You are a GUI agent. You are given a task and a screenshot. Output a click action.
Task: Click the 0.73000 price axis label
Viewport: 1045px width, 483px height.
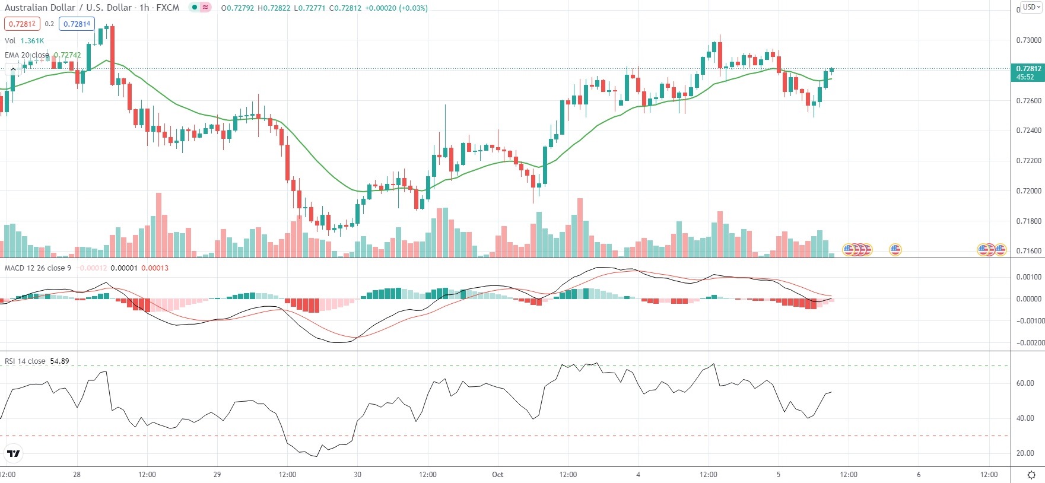pyautogui.click(x=1029, y=40)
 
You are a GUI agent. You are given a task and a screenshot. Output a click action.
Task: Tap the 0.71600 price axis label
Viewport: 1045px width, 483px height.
pyautogui.click(x=1029, y=251)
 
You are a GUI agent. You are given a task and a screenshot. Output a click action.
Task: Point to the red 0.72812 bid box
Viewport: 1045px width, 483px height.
pyautogui.click(x=22, y=24)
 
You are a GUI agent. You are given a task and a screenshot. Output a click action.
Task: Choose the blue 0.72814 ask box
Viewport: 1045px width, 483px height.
pyautogui.click(x=77, y=24)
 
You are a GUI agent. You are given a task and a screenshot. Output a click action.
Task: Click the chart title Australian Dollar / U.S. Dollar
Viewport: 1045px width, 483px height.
pyautogui.click(x=68, y=8)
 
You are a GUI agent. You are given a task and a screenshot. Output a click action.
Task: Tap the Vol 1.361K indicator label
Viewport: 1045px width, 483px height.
pyautogui.click(x=24, y=41)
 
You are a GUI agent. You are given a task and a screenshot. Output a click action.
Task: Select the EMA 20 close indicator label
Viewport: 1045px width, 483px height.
pyautogui.click(x=27, y=55)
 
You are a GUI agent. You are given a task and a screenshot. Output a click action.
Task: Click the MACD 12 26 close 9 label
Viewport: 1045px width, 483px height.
pyautogui.click(x=38, y=268)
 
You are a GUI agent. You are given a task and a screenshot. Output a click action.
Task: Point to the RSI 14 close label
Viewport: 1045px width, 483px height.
pyautogui.click(x=25, y=361)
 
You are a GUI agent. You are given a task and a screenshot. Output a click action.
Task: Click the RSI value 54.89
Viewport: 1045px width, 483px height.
pyautogui.click(x=59, y=361)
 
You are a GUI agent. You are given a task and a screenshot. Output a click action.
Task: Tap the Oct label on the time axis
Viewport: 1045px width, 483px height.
pyautogui.click(x=497, y=475)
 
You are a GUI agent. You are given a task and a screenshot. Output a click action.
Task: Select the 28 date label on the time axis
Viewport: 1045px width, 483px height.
pyautogui.click(x=77, y=475)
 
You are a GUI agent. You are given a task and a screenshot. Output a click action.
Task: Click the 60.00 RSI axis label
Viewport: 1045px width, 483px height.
pyautogui.click(x=1025, y=383)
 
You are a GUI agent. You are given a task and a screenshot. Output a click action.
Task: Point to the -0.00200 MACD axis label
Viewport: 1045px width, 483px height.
pyautogui.click(x=1029, y=343)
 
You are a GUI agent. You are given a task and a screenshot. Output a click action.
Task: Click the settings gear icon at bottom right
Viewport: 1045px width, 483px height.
pyautogui.click(x=1031, y=475)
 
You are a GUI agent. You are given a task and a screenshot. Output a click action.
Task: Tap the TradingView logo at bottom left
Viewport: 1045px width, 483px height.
pyautogui.click(x=13, y=454)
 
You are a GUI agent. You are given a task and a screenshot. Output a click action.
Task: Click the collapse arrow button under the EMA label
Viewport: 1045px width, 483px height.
pyautogui.click(x=13, y=69)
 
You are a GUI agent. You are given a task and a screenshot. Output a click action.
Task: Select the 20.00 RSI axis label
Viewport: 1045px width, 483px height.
pyautogui.click(x=1025, y=453)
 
